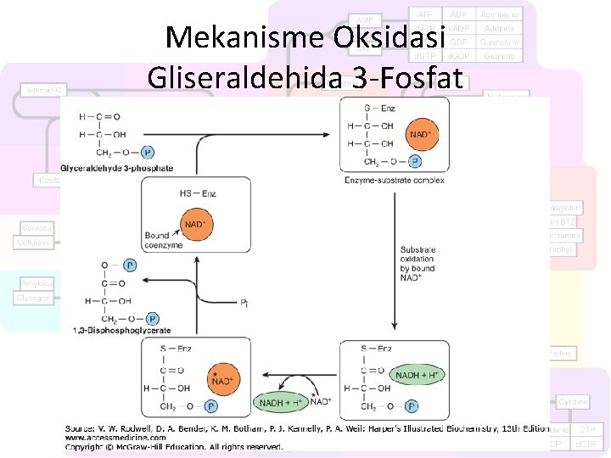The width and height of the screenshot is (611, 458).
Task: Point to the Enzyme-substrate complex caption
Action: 395,180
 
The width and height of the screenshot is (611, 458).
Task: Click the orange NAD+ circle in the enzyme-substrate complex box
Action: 423,134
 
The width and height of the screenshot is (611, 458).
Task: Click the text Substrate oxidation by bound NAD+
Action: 418,264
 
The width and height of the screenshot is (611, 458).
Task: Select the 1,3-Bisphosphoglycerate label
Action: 122,330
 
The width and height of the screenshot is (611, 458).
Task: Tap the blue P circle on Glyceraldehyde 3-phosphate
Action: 148,153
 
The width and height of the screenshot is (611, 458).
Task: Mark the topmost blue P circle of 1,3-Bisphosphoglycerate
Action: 130,265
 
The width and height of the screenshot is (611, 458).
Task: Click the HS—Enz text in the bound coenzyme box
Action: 198,193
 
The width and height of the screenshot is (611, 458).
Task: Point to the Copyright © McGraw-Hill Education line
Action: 174,447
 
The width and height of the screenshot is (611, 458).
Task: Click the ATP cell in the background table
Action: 424,14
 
